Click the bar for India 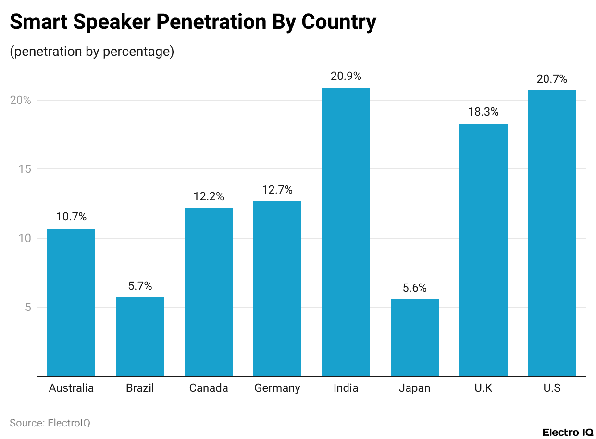tap(346, 232)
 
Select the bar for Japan tap(415, 337)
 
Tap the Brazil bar tap(140, 336)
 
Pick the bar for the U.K tap(484, 250)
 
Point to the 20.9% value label tap(346, 76)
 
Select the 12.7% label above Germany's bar tap(277, 190)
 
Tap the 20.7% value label tap(552, 79)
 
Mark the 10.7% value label tap(71, 217)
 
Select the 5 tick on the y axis tap(28, 307)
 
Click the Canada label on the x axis tap(209, 388)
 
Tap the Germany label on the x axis tap(277, 388)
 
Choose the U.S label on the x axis tap(552, 388)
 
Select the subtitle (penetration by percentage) tap(92, 52)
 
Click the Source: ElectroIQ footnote tap(50, 423)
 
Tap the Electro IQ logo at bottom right tap(568, 432)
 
